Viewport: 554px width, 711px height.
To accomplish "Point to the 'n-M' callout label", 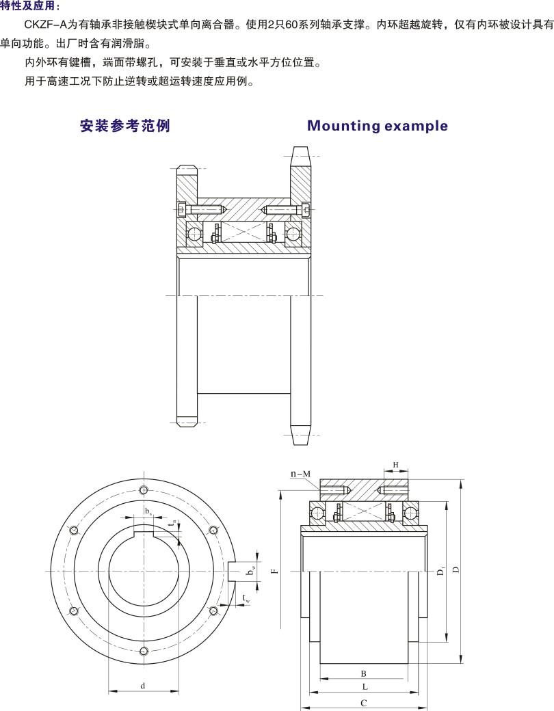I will pyautogui.click(x=300, y=473).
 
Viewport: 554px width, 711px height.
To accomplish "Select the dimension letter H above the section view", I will pyautogui.click(x=395, y=465).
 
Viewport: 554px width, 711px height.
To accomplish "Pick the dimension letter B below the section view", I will pyautogui.click(x=364, y=673).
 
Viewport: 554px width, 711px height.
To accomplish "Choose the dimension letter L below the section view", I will pyautogui.click(x=365, y=686).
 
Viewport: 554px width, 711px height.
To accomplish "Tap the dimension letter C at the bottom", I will pyautogui.click(x=364, y=703).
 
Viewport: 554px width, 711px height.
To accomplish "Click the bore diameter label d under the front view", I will pyautogui.click(x=143, y=686).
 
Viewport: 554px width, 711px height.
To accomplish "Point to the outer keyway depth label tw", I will pyautogui.click(x=246, y=599).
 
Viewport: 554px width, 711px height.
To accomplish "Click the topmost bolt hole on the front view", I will pyautogui.click(x=143, y=490).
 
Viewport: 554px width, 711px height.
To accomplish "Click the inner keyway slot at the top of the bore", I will pyautogui.click(x=144, y=529).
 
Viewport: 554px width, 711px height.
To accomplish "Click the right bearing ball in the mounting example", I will pyautogui.click(x=293, y=233).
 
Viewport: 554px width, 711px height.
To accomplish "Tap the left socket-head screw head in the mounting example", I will pyautogui.click(x=181, y=209).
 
